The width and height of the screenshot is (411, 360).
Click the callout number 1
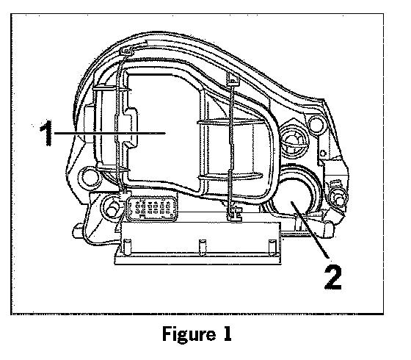[x=46, y=133]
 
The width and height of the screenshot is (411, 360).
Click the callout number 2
[x=333, y=277]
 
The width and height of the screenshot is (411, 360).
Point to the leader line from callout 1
[x=109, y=133]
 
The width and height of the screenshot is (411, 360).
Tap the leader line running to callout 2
[x=310, y=230]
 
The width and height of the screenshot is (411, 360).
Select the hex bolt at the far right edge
[x=338, y=198]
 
